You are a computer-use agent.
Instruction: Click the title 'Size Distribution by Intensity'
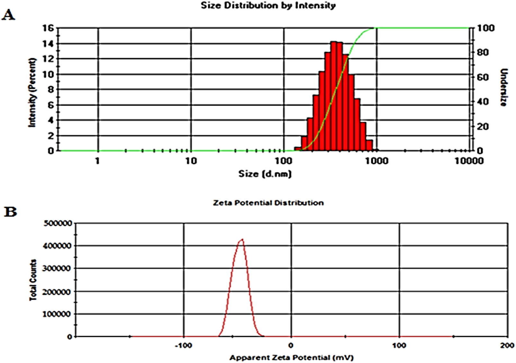tap(268, 5)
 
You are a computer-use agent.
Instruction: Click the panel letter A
tap(8, 15)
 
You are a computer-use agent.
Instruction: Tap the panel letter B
tap(10, 212)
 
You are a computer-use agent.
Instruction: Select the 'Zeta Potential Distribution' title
tap(268, 203)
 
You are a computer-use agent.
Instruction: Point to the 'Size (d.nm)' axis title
tap(265, 174)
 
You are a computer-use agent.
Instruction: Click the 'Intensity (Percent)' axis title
tap(32, 93)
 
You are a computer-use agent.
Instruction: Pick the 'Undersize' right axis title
tap(504, 87)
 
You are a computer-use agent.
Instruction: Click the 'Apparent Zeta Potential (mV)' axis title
tap(291, 358)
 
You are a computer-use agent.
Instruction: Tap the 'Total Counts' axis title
tap(33, 280)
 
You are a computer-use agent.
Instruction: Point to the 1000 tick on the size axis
tap(377, 160)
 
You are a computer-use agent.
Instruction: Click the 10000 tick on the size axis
tap(469, 160)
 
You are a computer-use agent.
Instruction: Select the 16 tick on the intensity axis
tap(48, 28)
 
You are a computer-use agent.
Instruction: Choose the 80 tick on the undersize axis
tap(482, 52)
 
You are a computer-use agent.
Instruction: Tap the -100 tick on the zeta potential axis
tap(183, 346)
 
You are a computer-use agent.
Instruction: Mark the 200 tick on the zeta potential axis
tap(507, 346)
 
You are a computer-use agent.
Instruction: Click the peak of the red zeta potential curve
tap(242, 239)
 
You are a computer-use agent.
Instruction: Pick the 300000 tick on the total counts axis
tap(57, 269)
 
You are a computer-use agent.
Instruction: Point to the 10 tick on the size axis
tap(191, 160)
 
